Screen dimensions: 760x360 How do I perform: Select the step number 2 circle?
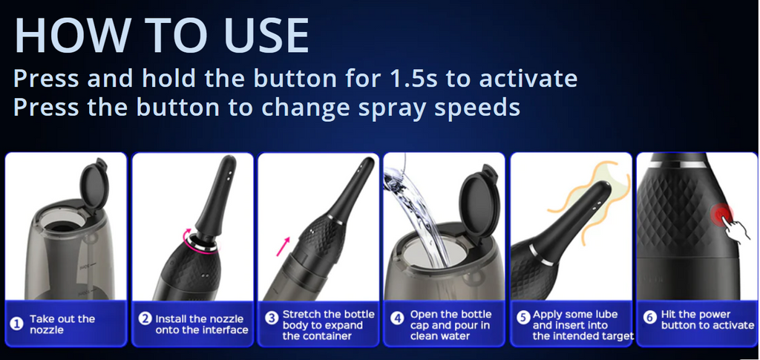145,319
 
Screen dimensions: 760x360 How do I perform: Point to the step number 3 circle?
272,319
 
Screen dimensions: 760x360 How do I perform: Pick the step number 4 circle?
398,319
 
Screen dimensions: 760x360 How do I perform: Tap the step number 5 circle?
522,318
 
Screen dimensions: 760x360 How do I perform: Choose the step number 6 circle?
649,319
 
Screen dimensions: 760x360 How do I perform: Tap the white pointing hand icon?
733,228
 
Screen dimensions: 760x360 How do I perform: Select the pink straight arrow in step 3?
283,246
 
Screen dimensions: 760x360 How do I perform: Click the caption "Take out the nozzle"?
62,324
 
